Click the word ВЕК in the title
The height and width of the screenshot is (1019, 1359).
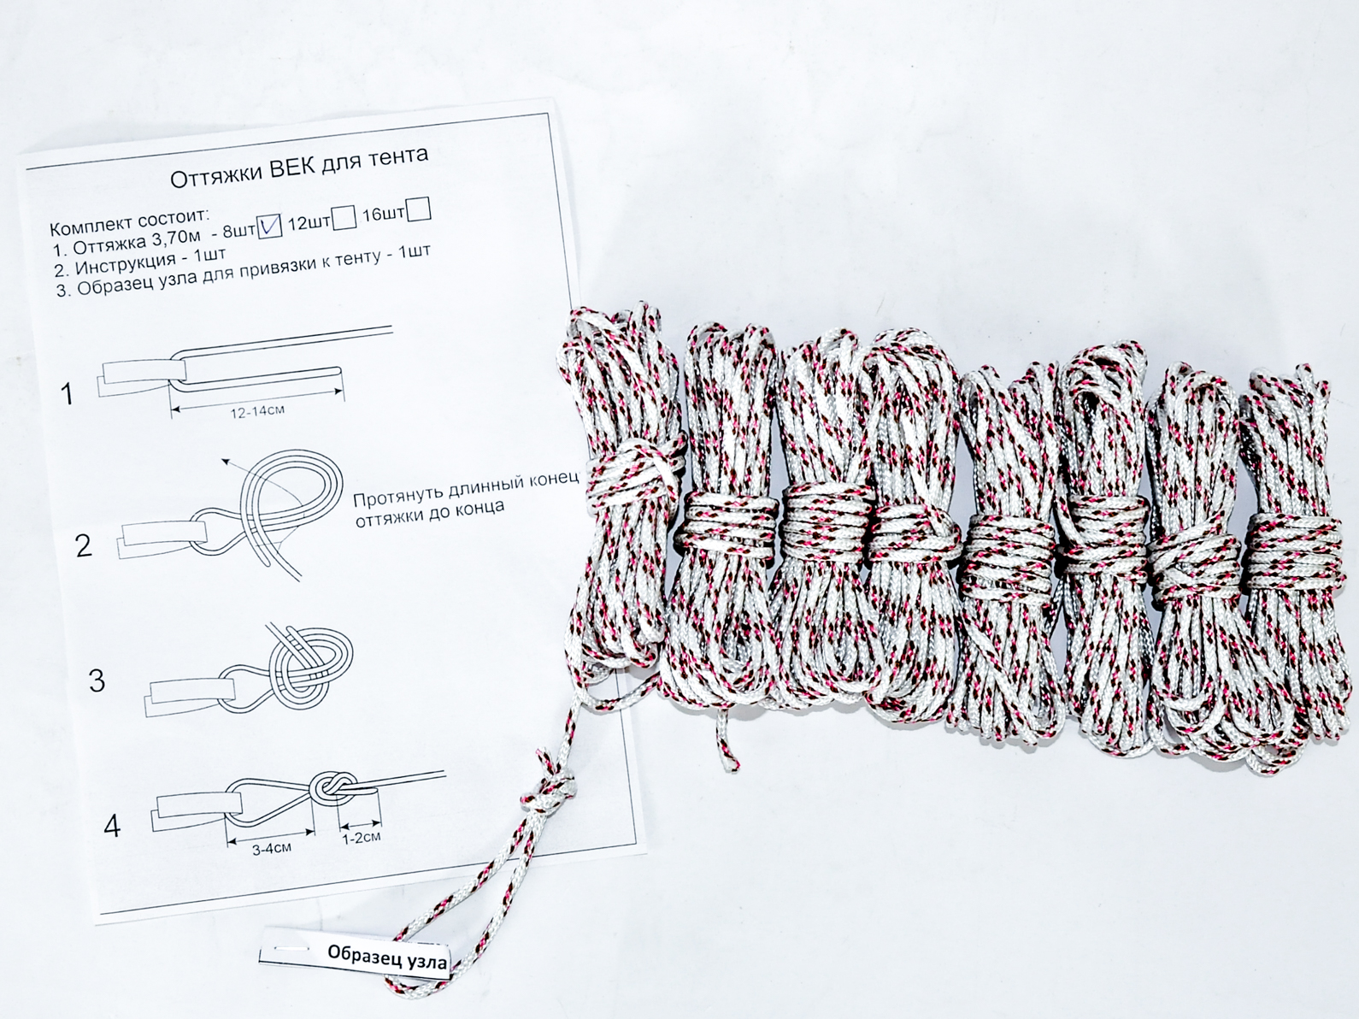(292, 168)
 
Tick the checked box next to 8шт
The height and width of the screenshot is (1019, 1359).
(269, 226)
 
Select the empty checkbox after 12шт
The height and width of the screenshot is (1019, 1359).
(344, 218)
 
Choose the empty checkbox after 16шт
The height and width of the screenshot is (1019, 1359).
(419, 209)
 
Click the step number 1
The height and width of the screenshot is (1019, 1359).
(67, 394)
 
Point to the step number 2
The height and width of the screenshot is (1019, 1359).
(84, 545)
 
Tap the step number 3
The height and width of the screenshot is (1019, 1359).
(97, 680)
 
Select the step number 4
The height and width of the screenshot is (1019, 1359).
(111, 827)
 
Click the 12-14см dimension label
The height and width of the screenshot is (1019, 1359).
(257, 412)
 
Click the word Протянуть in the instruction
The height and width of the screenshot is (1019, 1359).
(395, 495)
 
